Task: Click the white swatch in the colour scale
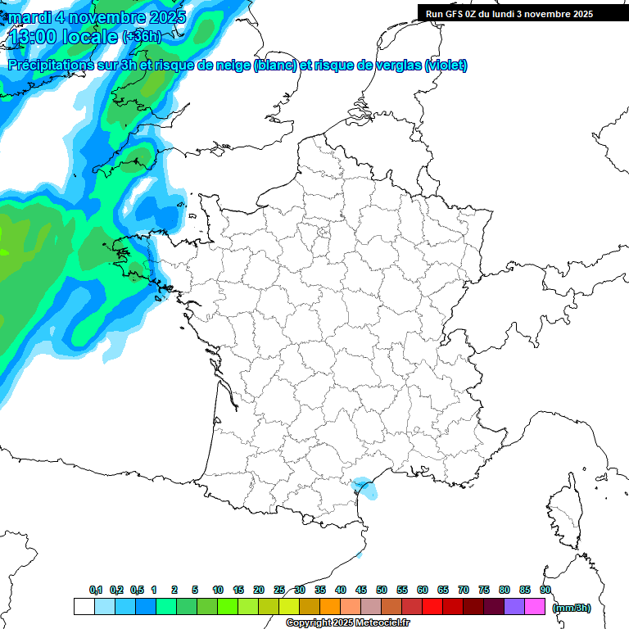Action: pos(84,606)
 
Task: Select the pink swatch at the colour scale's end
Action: pos(535,606)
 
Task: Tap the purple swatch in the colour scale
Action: pos(514,606)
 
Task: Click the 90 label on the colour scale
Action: pos(545,590)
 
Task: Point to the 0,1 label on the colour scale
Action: pos(96,590)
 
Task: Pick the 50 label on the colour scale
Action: pos(382,590)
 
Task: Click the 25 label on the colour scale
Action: pos(279,590)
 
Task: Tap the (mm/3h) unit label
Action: pos(572,608)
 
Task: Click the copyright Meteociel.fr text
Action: pos(348,622)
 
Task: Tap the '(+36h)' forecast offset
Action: pos(142,37)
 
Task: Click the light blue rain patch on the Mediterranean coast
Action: pos(367,490)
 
